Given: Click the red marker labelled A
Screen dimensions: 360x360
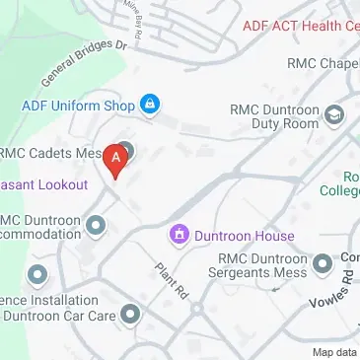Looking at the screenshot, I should coord(117,159).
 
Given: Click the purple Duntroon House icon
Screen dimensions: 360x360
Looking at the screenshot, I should coord(179,235).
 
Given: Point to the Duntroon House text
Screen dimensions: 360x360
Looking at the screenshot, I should coord(244,236).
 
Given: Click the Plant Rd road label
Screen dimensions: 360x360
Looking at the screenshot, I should coord(171,281).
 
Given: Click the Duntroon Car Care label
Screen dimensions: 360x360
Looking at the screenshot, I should coord(59,316).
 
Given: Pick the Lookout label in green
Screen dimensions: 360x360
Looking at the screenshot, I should coord(44,184).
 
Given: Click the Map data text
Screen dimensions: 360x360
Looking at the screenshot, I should coord(335,352).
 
